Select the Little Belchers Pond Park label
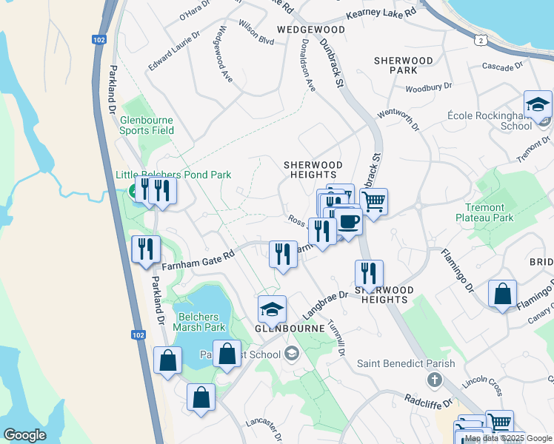173,175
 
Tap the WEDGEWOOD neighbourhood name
311,29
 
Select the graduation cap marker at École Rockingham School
538,106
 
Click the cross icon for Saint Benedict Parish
435,380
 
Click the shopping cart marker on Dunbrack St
374,201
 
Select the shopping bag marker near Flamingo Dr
503,295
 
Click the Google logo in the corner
24,434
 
